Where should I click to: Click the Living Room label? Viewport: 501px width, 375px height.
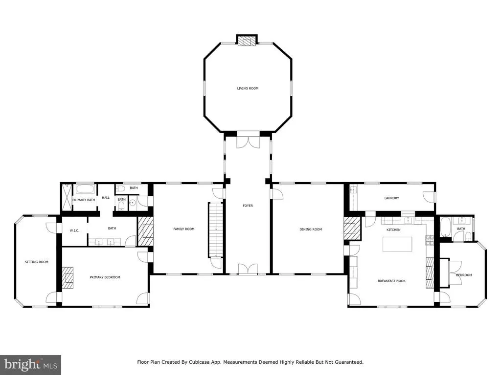(248, 88)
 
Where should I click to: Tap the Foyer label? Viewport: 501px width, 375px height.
(248, 206)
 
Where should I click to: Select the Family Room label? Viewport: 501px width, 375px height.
(184, 229)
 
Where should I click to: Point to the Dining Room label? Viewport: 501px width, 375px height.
(311, 229)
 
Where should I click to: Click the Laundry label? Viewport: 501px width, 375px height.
(391, 198)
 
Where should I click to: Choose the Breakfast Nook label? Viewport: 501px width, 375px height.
(391, 281)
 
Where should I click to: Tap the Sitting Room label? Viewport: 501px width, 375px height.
(36, 262)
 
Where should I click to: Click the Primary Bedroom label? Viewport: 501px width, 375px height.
(105, 277)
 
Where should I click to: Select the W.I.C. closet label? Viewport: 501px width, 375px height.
(74, 230)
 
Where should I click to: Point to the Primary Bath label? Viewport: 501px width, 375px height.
(84, 200)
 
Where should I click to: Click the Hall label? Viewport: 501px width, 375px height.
(106, 198)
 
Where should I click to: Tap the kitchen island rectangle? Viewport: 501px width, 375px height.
(397, 244)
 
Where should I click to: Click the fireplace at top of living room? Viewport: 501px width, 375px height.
(247, 41)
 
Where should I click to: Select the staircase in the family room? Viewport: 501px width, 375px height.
(216, 229)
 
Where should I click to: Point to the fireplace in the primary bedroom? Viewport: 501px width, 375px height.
(68, 277)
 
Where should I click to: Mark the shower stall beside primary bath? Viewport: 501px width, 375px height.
(67, 197)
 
